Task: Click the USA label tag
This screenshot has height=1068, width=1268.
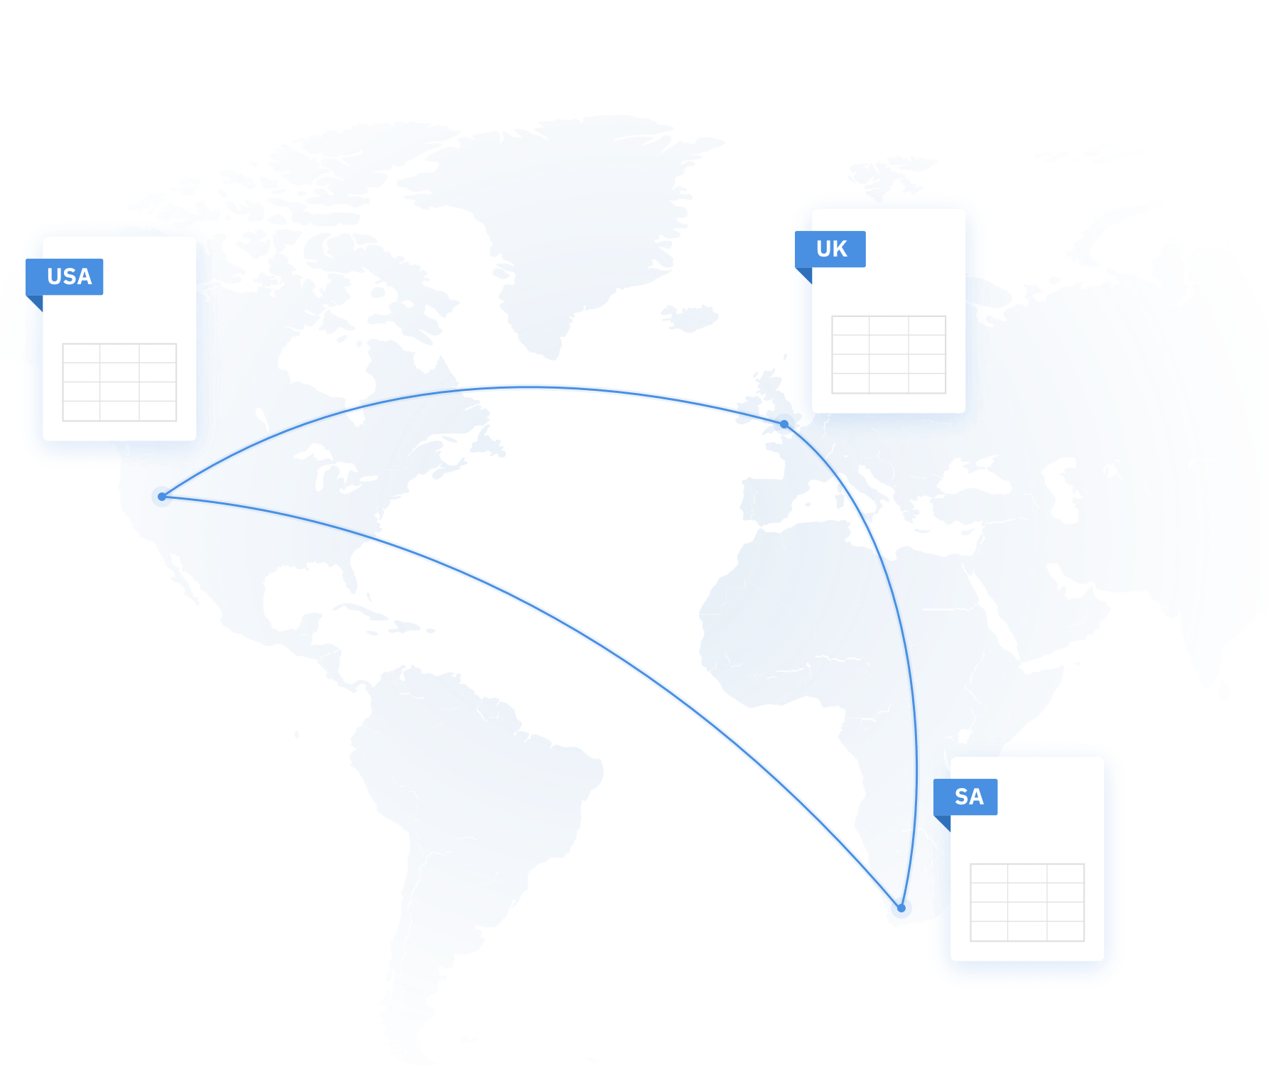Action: (x=65, y=276)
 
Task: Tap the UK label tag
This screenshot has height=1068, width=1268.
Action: (x=830, y=249)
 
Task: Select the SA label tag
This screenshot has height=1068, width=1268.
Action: (x=965, y=797)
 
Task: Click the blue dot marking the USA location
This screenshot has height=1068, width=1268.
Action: (x=162, y=497)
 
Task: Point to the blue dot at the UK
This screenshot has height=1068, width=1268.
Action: (x=784, y=424)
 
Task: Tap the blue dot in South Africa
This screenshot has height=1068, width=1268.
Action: (x=901, y=908)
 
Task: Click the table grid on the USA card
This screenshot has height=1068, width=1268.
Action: (x=119, y=382)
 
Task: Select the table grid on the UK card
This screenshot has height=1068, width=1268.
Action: (x=889, y=355)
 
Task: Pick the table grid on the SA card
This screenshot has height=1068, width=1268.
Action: (x=1027, y=902)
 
